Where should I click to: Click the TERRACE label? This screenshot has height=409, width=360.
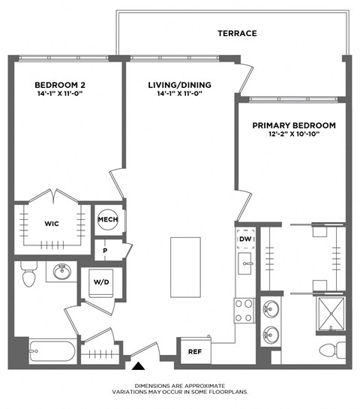(x=237, y=33)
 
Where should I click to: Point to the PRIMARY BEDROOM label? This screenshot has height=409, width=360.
(x=293, y=125)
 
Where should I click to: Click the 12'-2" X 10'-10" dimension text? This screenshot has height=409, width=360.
(x=293, y=136)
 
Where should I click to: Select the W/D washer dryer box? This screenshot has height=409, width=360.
(x=101, y=283)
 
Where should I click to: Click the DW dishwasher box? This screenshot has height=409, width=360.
(x=244, y=239)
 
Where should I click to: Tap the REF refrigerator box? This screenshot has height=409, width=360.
(x=194, y=350)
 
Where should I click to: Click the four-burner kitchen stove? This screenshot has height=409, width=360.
(x=244, y=310)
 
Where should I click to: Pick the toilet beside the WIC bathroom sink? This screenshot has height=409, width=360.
(x=30, y=274)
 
